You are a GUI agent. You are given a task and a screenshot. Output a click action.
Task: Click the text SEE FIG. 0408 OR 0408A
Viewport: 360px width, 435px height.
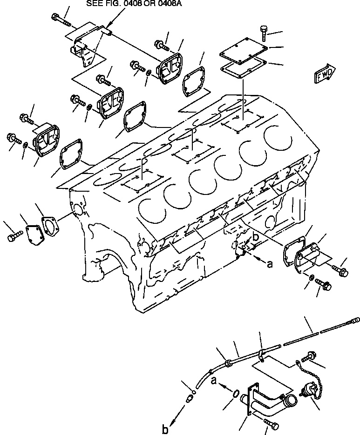[134, 3]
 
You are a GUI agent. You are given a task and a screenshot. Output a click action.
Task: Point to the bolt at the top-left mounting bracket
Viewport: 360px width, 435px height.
[59, 20]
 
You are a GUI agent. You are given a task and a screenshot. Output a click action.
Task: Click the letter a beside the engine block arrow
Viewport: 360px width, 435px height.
[269, 263]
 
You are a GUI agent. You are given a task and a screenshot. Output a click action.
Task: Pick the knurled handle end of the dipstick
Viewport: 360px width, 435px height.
[354, 320]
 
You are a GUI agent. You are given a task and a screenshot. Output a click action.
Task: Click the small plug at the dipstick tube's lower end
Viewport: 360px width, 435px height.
[190, 399]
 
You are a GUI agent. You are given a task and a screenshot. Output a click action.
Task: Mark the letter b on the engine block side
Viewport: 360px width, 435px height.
[255, 237]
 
